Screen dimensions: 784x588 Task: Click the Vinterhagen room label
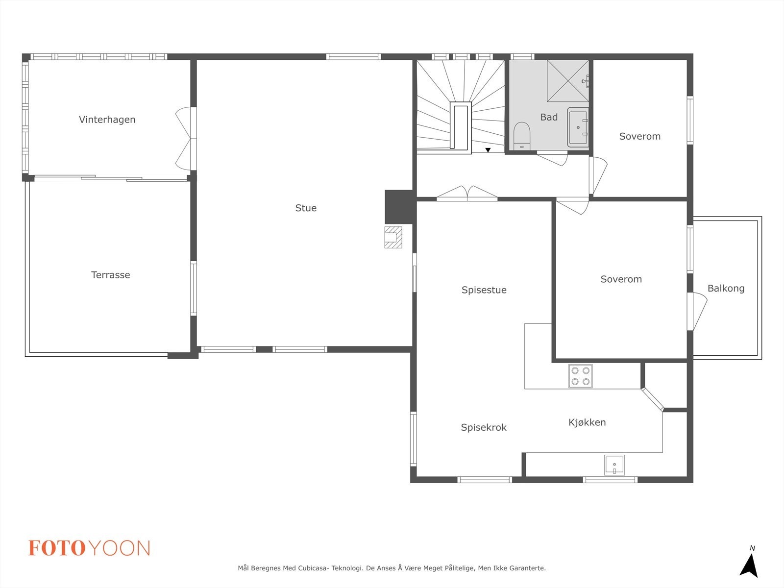click(x=107, y=120)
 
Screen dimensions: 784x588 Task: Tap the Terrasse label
click(x=110, y=275)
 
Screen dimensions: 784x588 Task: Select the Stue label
click(x=306, y=208)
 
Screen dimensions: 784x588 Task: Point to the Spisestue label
click(x=484, y=290)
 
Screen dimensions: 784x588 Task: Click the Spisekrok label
click(x=484, y=427)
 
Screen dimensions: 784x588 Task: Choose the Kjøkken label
click(x=587, y=422)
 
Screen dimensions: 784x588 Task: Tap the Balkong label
click(x=726, y=289)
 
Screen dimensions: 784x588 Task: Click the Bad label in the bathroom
click(x=549, y=117)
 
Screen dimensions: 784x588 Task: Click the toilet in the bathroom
click(x=522, y=136)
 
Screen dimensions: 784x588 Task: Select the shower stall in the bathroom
click(x=568, y=81)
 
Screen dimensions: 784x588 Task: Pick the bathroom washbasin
click(x=578, y=127)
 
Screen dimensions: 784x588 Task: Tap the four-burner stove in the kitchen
click(x=581, y=376)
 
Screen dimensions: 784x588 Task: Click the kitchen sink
click(x=614, y=465)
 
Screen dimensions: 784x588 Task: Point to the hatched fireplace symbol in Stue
click(x=393, y=237)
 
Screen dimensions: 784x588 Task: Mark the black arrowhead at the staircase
click(x=488, y=150)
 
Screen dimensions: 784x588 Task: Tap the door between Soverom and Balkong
click(x=698, y=311)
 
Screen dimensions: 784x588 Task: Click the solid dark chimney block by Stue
click(x=400, y=207)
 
